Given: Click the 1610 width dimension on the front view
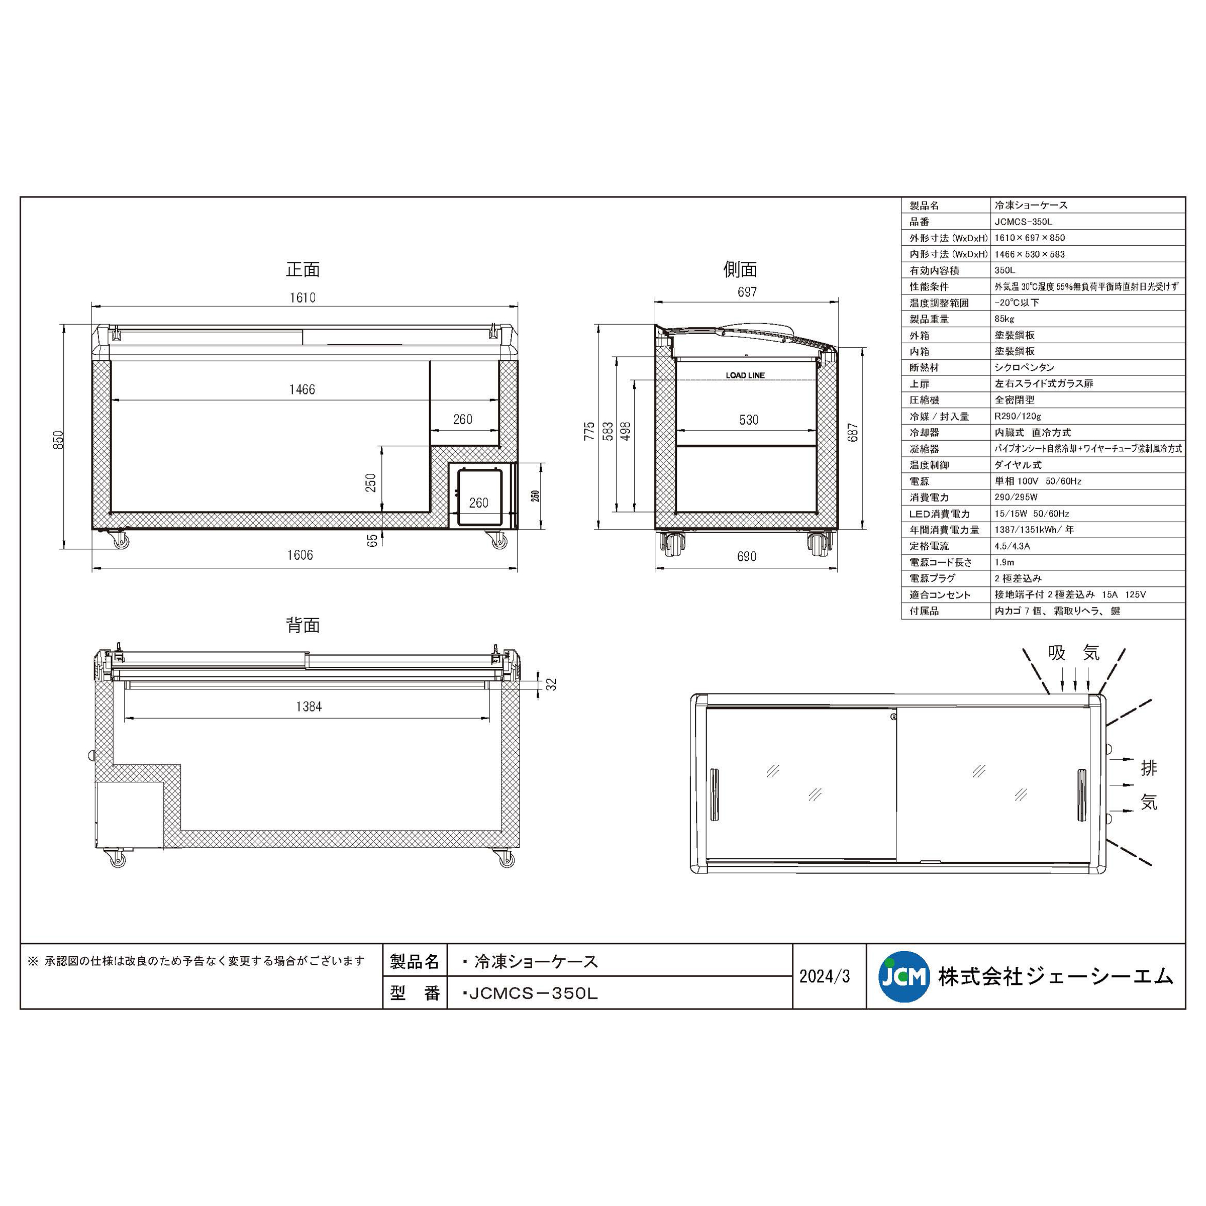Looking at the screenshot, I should [302, 298].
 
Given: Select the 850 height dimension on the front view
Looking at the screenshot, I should [58, 440].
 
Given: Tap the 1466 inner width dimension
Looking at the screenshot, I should [302, 389].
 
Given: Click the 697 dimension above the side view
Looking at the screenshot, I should [747, 291].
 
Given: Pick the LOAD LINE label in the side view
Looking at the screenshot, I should [745, 375].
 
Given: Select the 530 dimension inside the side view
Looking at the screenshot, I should [748, 420].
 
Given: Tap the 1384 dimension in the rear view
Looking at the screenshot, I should [309, 707].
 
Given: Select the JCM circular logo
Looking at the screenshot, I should [902, 976].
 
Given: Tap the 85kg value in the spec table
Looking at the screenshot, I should [1004, 319].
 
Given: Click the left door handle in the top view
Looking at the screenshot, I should [714, 794].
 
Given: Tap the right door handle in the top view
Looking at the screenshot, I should [1082, 794].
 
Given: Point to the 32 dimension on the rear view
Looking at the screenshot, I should [551, 684].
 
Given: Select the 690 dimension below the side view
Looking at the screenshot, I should [747, 556].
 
